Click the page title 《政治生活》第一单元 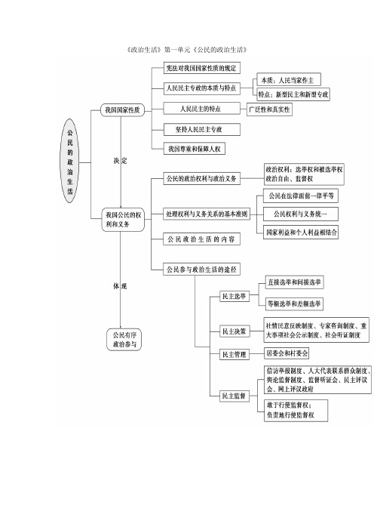tap(189, 50)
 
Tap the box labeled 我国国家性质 tap(122, 111)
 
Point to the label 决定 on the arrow tap(121, 162)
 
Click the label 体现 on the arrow tap(121, 286)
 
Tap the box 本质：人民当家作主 tap(290, 79)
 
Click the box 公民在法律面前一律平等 tap(301, 196)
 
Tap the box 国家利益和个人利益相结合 tap(301, 233)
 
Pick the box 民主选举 tap(234, 297)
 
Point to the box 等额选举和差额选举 tap(295, 304)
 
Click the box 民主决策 tap(234, 331)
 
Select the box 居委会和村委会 tap(287, 353)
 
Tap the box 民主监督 tap(234, 396)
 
